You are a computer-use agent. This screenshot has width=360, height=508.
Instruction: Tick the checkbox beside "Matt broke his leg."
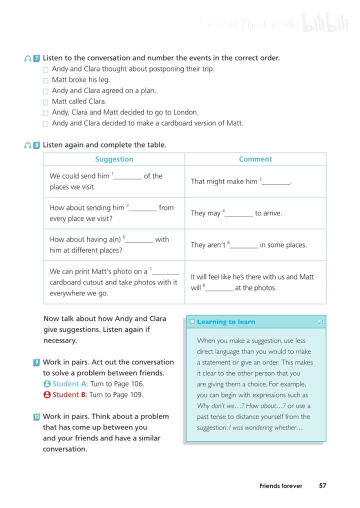coord(45,80)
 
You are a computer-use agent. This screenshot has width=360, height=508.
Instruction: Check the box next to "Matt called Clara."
coord(45,102)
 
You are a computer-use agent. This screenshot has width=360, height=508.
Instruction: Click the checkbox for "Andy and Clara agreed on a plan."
coord(45,91)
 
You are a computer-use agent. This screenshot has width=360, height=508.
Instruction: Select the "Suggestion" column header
coord(114,159)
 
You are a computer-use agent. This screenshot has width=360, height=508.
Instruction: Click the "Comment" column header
coord(255,159)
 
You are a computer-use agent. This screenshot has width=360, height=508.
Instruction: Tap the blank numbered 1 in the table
coord(128,176)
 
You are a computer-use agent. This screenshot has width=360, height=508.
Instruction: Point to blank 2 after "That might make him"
coord(276,182)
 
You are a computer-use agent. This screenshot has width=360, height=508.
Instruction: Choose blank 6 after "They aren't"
coord(244,245)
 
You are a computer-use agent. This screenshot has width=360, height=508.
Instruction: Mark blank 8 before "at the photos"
coord(219,288)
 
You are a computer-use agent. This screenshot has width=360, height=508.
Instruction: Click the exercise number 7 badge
coord(36,58)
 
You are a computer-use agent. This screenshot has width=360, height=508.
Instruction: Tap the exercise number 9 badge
coord(36,362)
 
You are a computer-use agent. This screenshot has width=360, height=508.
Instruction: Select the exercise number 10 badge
coord(36,416)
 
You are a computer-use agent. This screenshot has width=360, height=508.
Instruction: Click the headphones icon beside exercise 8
coord(28,145)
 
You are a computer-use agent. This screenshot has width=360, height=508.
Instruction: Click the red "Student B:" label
coord(70,395)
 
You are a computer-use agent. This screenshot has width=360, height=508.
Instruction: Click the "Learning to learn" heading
coord(226,322)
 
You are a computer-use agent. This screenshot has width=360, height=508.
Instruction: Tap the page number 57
coord(322,485)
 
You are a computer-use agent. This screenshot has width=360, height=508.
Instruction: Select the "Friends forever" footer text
coord(280,486)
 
